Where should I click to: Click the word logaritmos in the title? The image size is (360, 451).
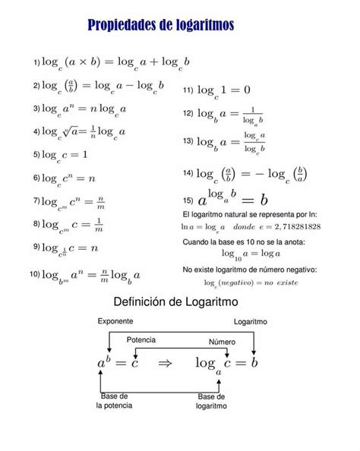pos(201,27)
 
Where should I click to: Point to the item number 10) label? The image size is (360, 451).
pos(35,273)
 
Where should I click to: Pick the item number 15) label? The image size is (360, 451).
pos(188,200)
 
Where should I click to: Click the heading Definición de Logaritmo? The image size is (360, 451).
pos(175,301)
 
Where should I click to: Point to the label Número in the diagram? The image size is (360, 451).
pos(222,341)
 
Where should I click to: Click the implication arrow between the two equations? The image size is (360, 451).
pos(165,364)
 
